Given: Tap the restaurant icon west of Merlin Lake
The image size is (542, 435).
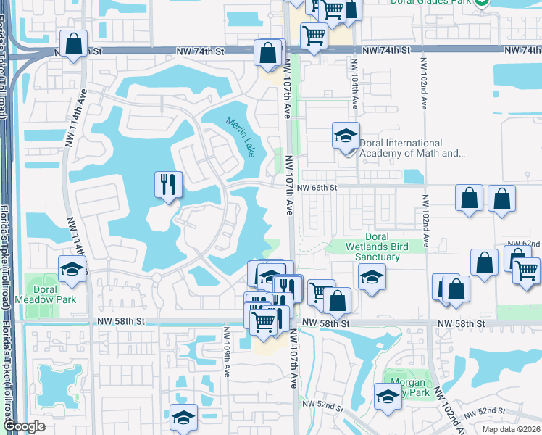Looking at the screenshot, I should click(168, 183).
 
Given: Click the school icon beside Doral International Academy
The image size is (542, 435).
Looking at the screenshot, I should click(346, 135).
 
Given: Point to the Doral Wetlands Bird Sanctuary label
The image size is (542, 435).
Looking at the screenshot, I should click(376, 246).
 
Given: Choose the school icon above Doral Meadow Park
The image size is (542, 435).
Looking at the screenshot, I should click(71, 269).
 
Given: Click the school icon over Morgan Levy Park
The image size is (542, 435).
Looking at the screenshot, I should click(388, 396).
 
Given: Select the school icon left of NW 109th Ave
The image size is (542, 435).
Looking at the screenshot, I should click(183, 418).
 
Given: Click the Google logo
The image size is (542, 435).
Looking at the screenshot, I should click(24, 427).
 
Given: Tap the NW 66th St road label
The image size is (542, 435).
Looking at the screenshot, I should click(317, 188).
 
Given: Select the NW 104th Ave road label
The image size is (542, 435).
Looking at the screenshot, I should click(356, 93).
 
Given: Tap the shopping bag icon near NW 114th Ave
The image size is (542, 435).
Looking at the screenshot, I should click(73, 43).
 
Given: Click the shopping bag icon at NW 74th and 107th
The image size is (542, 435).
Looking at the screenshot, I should click(268, 53).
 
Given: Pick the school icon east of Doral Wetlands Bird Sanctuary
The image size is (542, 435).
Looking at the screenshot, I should click(371, 277).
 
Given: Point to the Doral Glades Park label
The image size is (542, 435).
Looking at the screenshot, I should click(431, 3).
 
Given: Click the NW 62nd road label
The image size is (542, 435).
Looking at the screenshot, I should click(523, 243).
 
